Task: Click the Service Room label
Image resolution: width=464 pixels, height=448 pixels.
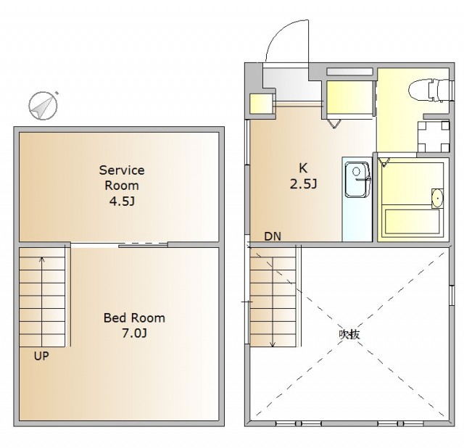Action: [122, 178]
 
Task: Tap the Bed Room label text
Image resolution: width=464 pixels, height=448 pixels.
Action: [134, 318]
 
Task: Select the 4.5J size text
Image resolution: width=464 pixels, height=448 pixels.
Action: [122, 202]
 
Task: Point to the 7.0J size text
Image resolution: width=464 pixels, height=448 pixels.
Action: [135, 333]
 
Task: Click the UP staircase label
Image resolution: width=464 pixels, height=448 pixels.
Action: [41, 356]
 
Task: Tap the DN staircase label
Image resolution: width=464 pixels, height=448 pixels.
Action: [273, 236]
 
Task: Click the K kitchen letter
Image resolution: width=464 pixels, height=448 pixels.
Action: [303, 168]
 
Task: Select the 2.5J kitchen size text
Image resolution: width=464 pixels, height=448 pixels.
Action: [303, 184]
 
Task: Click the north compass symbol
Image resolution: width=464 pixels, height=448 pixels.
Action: [43, 105]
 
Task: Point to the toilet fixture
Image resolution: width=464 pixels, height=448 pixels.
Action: [430, 89]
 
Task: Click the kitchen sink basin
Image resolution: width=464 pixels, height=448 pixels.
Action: [357, 179]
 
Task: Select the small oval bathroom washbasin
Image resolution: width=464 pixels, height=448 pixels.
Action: [437, 198]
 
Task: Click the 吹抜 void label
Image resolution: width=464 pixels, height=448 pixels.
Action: [349, 334]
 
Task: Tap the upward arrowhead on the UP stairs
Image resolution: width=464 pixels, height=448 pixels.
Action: [42, 260]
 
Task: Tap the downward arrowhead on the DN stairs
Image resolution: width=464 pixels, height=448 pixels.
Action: [273, 344]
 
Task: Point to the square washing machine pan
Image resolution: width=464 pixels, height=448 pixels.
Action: [434, 136]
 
